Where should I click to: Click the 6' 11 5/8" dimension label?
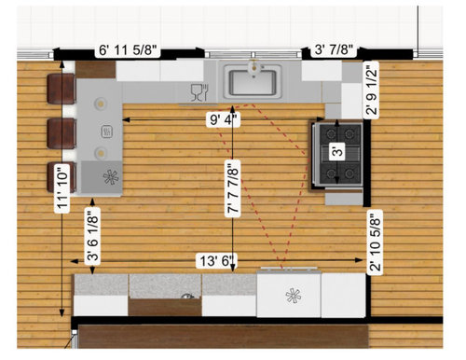tap(128, 50)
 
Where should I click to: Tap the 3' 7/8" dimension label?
tap(334, 49)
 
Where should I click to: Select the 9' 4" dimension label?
tap(224, 119)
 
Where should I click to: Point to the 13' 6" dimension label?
tap(217, 260)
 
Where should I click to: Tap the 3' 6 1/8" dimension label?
tap(92, 234)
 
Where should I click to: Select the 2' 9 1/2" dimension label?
tap(371, 90)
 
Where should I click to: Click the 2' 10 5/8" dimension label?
tap(375, 242)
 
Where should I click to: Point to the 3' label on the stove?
tap(337, 151)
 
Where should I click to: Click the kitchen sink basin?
tap(253, 82)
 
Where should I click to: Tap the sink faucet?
tap(254, 66)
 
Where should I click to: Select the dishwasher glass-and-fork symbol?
tap(199, 92)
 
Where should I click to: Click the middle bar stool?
tap(62, 133)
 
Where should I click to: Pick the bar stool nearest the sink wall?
tap(62, 89)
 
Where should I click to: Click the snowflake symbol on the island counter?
tap(111, 177)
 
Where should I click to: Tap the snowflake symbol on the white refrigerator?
tap(294, 296)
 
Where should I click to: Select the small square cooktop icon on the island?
tap(107, 132)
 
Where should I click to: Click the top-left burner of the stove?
tap(330, 134)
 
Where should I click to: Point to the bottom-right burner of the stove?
tap(349, 173)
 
